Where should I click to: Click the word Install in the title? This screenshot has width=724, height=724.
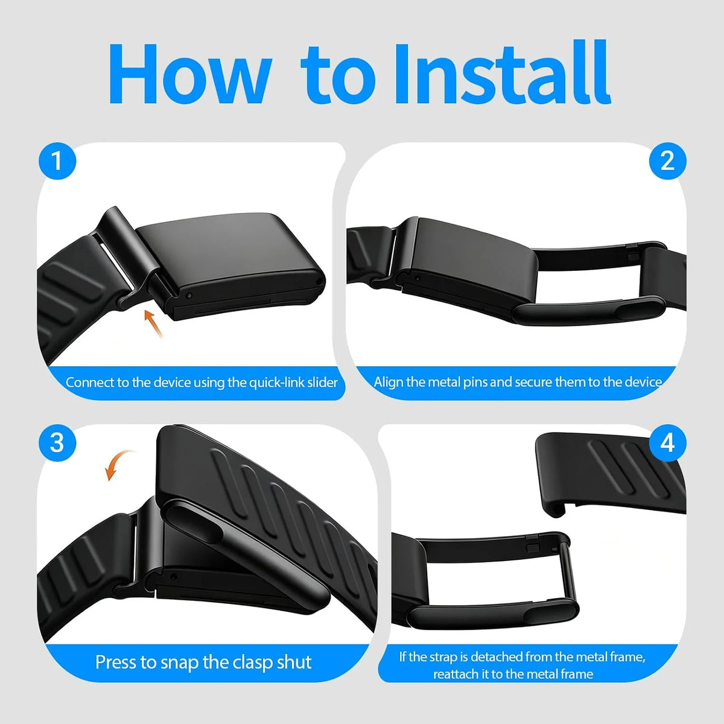pos(502,73)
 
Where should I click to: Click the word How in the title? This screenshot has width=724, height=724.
pos(189,74)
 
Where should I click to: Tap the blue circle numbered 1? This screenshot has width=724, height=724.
pos(57,161)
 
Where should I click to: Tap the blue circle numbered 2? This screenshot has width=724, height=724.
pos(668,161)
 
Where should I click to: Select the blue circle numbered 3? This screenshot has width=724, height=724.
pos(57,443)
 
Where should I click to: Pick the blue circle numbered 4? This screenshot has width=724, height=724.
pos(668,443)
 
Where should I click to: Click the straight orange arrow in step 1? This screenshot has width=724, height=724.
pos(154,323)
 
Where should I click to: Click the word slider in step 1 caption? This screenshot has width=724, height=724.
pos(323,383)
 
